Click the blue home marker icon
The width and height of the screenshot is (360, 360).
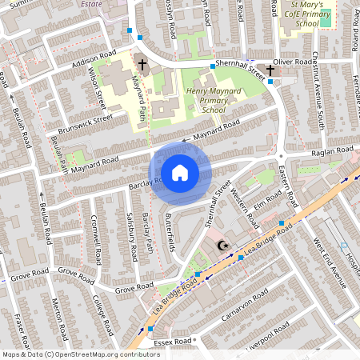pyautogui.click(x=180, y=173)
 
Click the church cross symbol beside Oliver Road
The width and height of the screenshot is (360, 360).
pyautogui.click(x=270, y=71)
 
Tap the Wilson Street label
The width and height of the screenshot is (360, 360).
pyautogui.click(x=98, y=89)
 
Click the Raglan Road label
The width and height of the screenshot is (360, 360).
pyautogui.click(x=333, y=150)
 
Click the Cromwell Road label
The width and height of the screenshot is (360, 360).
pyautogui.click(x=97, y=239)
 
